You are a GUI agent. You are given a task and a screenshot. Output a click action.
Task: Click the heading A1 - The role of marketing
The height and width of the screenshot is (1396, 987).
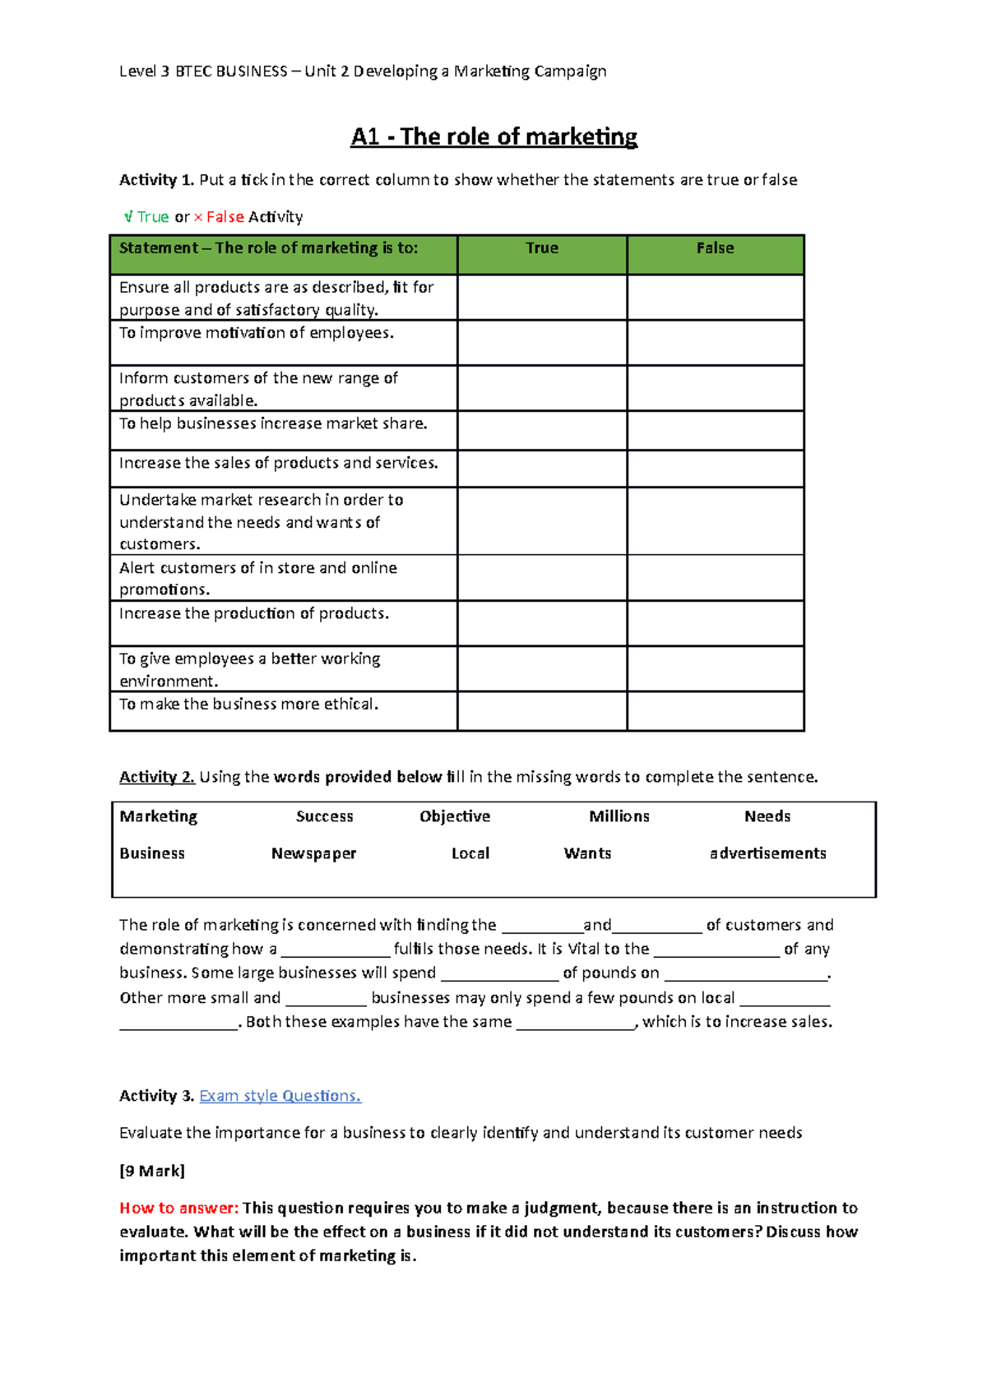point(493,136)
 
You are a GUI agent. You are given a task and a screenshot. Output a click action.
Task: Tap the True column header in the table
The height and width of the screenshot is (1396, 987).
point(541,248)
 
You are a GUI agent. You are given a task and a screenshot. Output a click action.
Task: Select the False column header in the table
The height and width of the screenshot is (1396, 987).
point(715,248)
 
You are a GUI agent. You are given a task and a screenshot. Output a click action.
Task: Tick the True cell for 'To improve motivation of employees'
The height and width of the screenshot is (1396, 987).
point(541,342)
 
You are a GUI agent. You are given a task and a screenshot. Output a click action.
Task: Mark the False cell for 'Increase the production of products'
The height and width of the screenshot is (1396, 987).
point(715,622)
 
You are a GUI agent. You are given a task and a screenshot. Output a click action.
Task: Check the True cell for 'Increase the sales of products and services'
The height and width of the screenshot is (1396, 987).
point(541,468)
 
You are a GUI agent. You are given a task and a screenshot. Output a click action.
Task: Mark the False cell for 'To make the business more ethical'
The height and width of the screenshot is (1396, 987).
point(715,710)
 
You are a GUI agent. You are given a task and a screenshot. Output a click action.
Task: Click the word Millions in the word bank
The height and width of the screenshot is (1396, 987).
point(619,816)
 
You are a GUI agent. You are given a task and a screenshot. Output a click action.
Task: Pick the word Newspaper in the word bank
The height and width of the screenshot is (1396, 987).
point(313,853)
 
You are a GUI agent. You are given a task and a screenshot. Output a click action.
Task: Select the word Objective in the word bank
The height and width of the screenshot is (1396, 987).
point(454,816)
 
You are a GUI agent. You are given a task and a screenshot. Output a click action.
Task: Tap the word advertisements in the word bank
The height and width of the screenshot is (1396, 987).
point(767,853)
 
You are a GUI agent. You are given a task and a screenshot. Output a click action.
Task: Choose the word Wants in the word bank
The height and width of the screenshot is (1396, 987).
point(587,853)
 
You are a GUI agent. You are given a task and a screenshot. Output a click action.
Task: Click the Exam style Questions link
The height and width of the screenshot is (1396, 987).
point(280,1096)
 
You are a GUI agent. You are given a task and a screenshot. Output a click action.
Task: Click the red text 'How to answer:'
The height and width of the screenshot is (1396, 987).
point(178,1208)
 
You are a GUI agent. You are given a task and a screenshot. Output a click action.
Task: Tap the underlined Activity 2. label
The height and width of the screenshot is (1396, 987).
point(156,777)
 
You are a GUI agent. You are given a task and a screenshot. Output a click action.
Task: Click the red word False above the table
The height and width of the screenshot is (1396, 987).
point(225,217)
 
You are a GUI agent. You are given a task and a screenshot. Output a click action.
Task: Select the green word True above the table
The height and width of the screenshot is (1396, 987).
point(153,217)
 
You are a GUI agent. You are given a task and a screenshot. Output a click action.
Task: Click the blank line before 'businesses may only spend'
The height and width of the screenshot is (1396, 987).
point(326,1000)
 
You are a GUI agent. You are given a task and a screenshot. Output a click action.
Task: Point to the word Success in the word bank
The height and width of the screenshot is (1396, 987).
point(324,816)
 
